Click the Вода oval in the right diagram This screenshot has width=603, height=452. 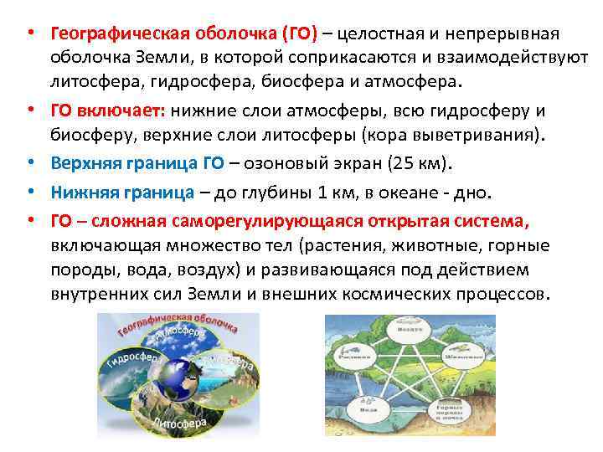click(x=366, y=410)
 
